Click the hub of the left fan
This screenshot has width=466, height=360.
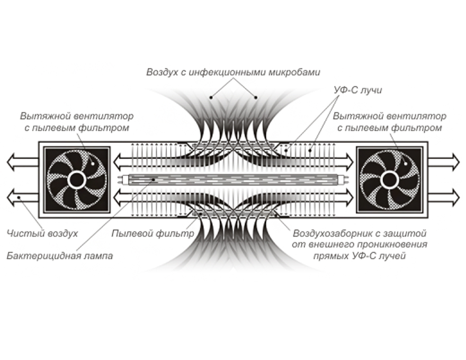77,180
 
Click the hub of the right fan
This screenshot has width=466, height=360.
389,180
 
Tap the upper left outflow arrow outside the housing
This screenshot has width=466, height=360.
21,160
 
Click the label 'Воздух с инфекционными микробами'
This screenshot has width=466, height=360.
233,71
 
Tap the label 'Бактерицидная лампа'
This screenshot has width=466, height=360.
60,256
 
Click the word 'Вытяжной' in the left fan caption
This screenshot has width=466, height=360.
41,116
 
